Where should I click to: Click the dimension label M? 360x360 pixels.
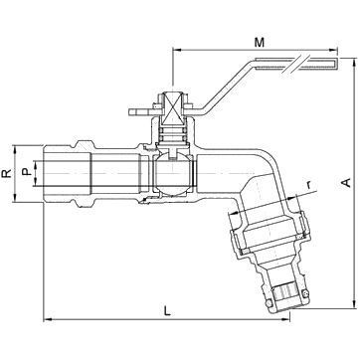tap(260, 43)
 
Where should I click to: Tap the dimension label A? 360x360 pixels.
tap(346, 183)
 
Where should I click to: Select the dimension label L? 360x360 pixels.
tap(168, 311)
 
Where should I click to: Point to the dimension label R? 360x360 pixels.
tap(7, 173)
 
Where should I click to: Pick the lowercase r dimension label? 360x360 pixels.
tap(308, 185)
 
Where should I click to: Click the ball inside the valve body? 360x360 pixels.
tap(173, 175)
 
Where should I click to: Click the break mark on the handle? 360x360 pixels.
tap(292, 63)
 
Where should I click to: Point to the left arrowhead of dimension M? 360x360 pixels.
tap(177, 50)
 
